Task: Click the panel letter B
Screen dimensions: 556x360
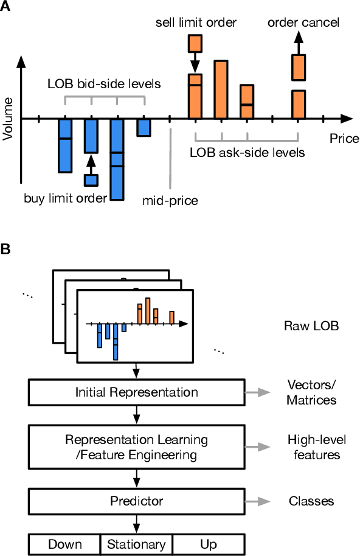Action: click(x=5, y=249)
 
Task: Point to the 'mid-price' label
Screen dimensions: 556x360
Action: click(x=170, y=200)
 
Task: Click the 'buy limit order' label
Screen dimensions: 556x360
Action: click(x=66, y=197)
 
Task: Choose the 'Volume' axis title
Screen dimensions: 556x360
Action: click(x=8, y=119)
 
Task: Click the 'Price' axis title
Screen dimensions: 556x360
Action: click(x=344, y=139)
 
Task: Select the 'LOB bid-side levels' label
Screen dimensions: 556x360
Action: click(x=104, y=84)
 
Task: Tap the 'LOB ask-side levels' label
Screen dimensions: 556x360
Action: click(x=247, y=152)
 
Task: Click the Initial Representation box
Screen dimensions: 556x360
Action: click(x=136, y=392)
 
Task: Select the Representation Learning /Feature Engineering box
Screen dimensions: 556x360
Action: click(x=136, y=447)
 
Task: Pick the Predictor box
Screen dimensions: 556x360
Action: click(x=136, y=501)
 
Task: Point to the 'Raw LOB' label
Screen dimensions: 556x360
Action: click(x=311, y=325)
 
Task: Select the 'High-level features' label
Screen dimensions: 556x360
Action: click(x=313, y=447)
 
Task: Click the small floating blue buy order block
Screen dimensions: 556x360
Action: click(x=91, y=180)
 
